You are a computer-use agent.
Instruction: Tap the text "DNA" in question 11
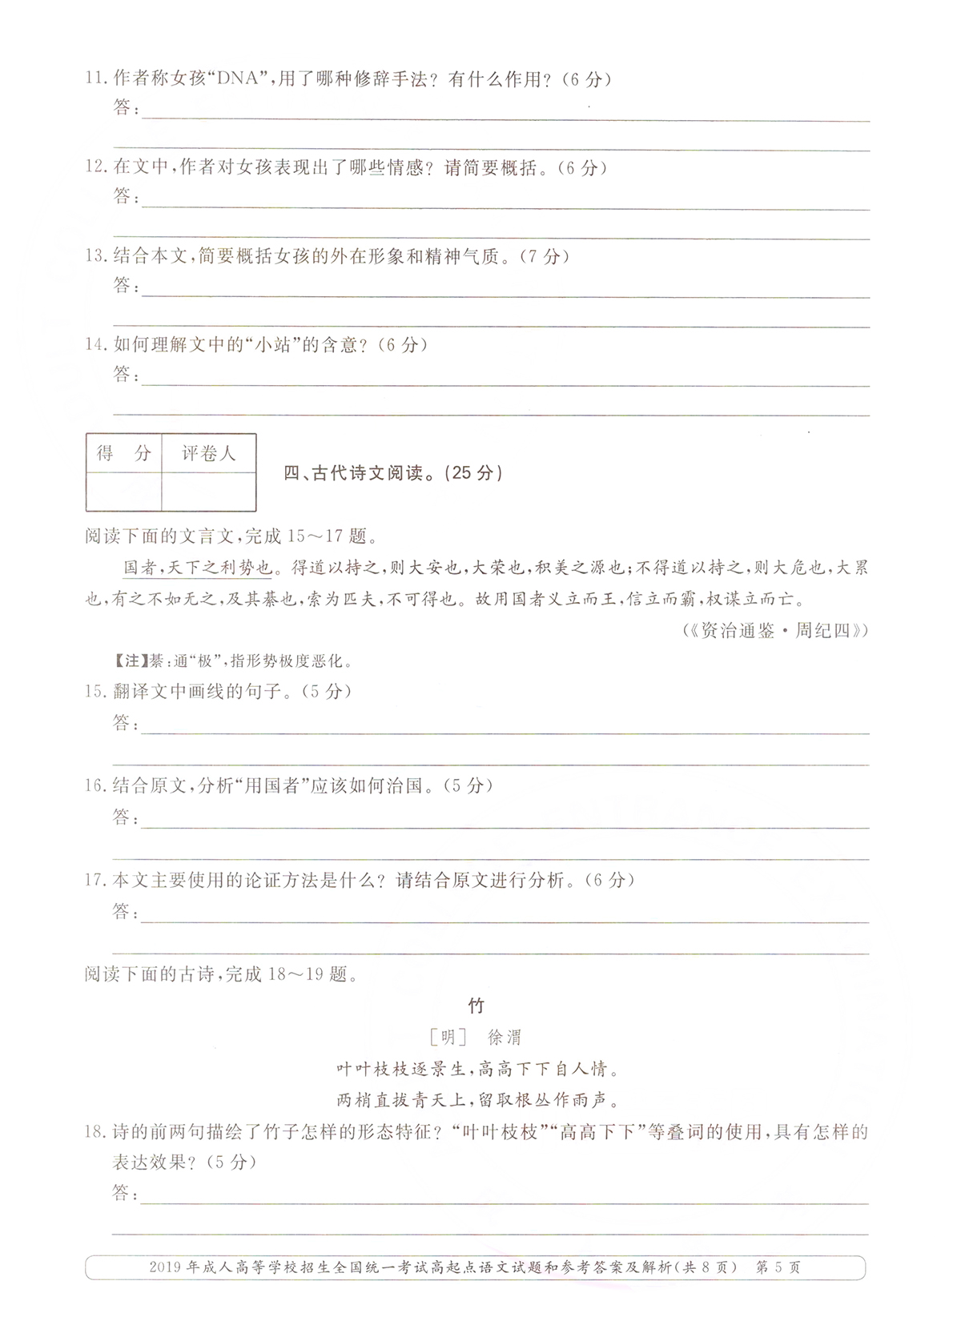pyautogui.click(x=241, y=78)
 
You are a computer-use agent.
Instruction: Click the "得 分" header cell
pyautogui.click(x=123, y=453)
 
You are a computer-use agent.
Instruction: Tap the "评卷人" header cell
pyautogui.click(x=208, y=453)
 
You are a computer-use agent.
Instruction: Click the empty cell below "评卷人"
pyautogui.click(x=208, y=491)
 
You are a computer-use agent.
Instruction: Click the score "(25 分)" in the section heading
pyautogui.click(x=476, y=473)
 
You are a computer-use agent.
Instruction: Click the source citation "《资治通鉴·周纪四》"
pyautogui.click(x=775, y=630)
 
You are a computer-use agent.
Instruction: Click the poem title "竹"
pyautogui.click(x=476, y=1006)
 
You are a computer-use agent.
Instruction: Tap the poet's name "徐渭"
pyautogui.click(x=504, y=1038)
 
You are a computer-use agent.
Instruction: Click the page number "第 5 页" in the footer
pyautogui.click(x=778, y=1267)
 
